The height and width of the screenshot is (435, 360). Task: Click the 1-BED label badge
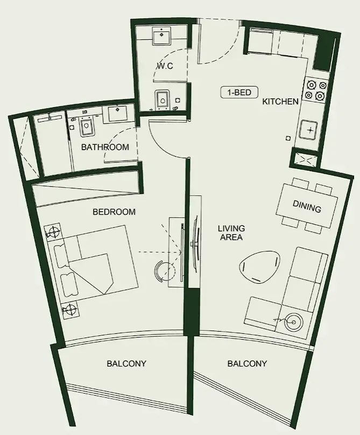point(239,93)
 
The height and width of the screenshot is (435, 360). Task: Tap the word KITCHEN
point(280,101)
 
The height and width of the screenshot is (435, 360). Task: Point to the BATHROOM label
point(105,147)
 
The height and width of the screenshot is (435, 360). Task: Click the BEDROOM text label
point(114,212)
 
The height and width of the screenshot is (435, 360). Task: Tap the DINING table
point(307,207)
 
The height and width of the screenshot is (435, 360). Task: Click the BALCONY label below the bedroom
point(126,363)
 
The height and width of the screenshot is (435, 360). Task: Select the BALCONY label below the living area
point(247,363)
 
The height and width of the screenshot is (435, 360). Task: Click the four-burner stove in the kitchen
point(315,90)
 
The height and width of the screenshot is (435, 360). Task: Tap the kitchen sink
point(310,130)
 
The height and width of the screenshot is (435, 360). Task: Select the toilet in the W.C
point(163,100)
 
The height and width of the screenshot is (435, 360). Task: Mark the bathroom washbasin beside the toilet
point(117,114)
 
